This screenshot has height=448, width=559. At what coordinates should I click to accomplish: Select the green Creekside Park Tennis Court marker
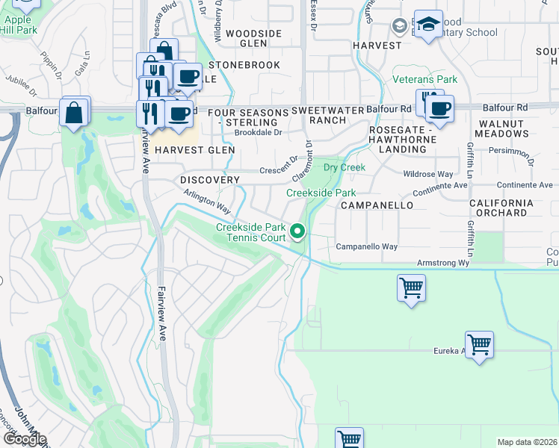[x=298, y=233]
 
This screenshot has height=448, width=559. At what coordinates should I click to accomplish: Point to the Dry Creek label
[x=344, y=167]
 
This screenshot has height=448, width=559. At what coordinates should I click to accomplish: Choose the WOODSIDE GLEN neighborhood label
[x=254, y=39]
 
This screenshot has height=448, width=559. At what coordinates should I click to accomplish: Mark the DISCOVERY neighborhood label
[x=210, y=180]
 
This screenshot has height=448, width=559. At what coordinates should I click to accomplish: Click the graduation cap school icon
[x=428, y=25]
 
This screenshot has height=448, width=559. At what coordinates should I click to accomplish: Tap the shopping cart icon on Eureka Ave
[x=479, y=345]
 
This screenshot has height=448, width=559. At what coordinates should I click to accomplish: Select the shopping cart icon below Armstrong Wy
[x=411, y=287]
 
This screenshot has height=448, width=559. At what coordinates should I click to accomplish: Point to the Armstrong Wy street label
[x=442, y=263]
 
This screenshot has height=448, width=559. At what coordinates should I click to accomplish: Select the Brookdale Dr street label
[x=258, y=132]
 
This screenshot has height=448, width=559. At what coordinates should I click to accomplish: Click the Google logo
[x=24, y=439]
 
